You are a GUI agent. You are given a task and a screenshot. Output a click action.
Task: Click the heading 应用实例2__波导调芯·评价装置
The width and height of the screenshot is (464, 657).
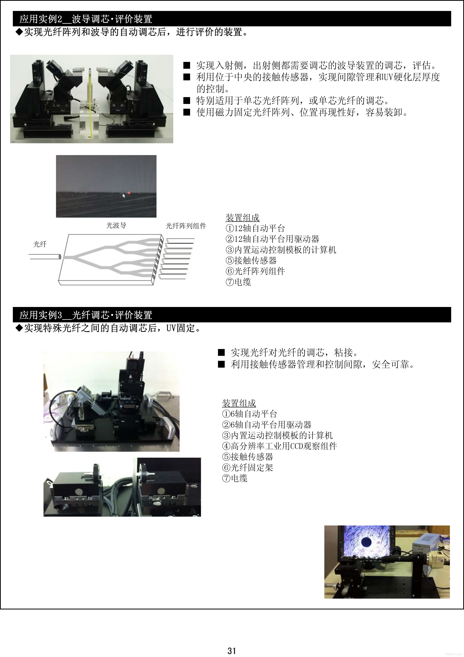pos(86,19)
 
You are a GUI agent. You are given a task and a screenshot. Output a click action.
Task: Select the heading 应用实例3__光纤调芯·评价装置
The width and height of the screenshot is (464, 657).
pos(86,315)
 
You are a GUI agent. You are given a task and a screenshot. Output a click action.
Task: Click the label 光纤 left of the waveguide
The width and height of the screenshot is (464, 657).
pos(40,244)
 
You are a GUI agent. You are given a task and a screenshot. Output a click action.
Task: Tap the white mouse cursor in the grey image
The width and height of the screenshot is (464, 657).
pos(124,196)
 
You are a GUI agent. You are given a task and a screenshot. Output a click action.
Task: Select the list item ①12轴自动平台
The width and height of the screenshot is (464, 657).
pos(255,228)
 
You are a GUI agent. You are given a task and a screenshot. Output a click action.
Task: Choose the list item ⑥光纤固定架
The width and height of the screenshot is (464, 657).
pos(248,468)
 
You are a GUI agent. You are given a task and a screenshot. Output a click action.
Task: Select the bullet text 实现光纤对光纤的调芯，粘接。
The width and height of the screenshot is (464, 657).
pos(288,352)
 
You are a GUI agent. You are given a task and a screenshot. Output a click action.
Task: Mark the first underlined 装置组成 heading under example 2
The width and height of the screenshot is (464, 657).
pos(242,218)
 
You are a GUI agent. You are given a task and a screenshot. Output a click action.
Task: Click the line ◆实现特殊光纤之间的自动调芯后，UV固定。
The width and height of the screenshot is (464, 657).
pos(109,328)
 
